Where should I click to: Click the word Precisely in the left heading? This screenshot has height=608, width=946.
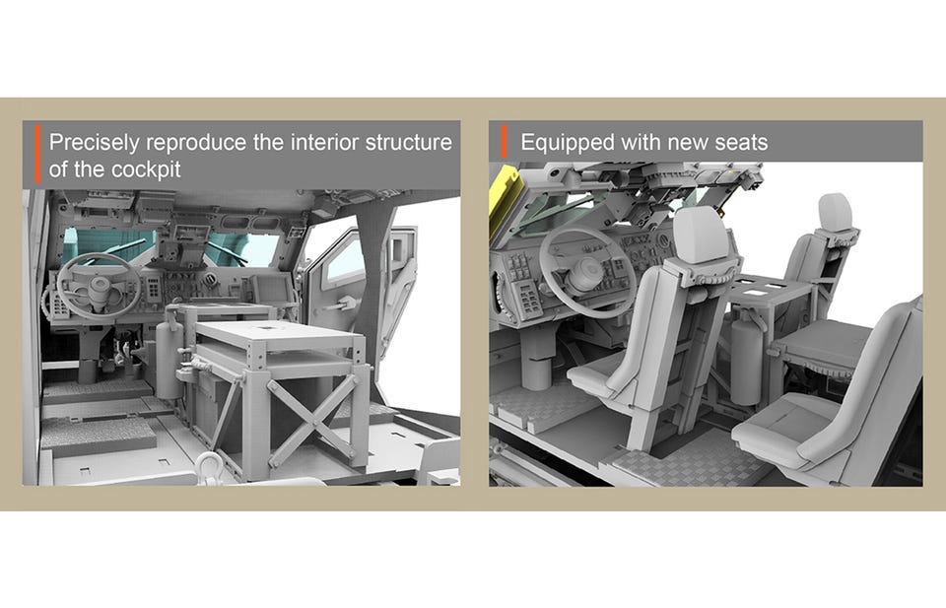click(95, 143)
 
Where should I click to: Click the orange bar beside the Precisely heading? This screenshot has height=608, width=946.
click(37, 153)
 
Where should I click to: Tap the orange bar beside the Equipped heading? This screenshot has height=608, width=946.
click(505, 142)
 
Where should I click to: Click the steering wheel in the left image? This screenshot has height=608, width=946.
click(99, 286)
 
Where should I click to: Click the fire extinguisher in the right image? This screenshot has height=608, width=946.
click(746, 357)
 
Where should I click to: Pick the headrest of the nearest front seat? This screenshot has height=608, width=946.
click(701, 235)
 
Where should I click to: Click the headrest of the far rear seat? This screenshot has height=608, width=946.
click(835, 211)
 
